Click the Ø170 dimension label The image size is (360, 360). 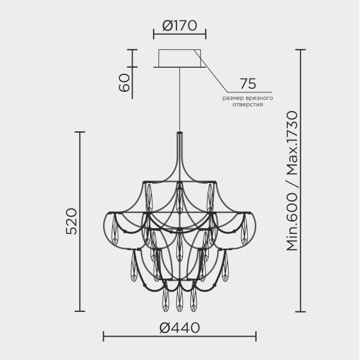(x=179, y=25)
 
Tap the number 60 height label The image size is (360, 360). (x=124, y=83)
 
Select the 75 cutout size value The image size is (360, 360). (x=248, y=84)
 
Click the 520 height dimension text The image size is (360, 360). (x=71, y=221)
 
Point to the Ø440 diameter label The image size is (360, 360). (x=179, y=328)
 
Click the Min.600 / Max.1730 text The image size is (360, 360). (x=292, y=181)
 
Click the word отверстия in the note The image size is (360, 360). (x=248, y=104)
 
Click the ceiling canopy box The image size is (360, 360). (x=179, y=58)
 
